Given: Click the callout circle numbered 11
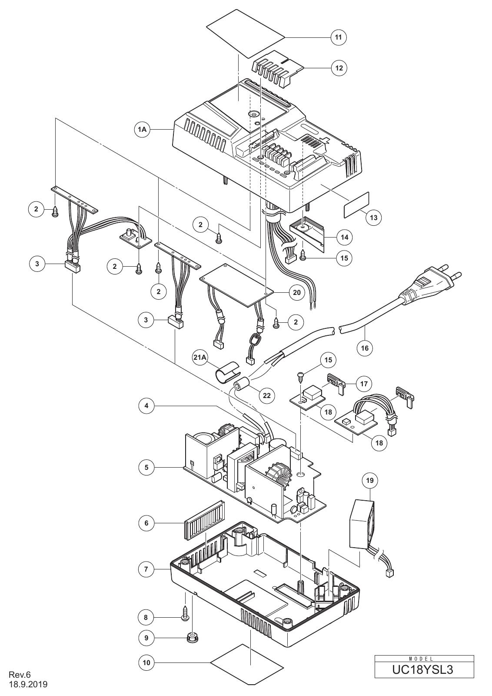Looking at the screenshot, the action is tap(339, 37).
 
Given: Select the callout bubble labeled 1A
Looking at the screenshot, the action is tap(142, 129).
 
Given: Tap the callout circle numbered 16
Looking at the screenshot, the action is tap(365, 348).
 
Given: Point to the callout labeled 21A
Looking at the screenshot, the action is tap(200, 357).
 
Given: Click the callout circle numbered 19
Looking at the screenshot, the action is tap(370, 481).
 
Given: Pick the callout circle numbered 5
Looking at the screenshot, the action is tap(146, 467).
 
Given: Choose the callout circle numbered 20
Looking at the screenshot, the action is tap(297, 292).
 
